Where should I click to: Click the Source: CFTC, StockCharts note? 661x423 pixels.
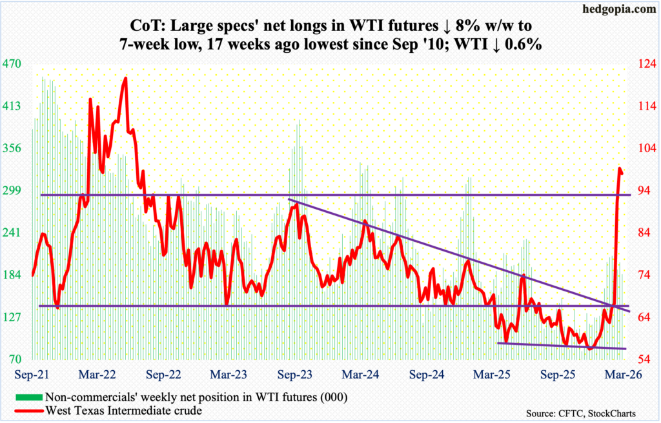[580, 412]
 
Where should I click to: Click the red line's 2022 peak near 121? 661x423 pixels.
[125, 79]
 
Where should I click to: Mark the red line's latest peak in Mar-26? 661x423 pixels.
[620, 169]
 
